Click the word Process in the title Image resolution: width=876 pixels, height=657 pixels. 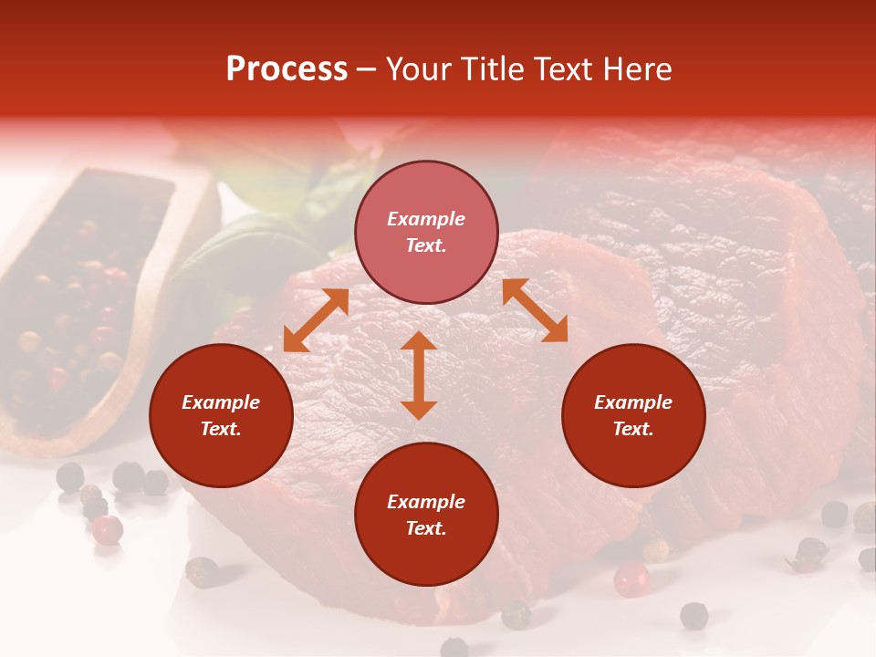(287, 69)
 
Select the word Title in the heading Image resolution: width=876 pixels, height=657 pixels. (498, 69)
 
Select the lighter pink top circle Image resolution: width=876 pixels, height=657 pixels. (426, 233)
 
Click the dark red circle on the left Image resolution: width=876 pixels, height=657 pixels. (221, 416)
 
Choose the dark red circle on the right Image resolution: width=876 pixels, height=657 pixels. (633, 416)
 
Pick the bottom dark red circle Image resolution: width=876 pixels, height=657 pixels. (426, 515)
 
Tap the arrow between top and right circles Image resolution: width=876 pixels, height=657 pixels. (535, 311)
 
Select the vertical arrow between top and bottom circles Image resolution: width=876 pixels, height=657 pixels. (419, 375)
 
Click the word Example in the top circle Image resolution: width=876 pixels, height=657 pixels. (426, 219)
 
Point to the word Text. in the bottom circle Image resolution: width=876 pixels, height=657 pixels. (426, 528)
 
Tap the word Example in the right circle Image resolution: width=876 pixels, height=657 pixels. (633, 402)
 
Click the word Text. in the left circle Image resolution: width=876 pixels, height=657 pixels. (221, 430)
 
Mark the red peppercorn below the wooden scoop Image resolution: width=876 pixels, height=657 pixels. (108, 528)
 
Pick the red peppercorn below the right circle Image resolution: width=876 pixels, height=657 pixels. (631, 579)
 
